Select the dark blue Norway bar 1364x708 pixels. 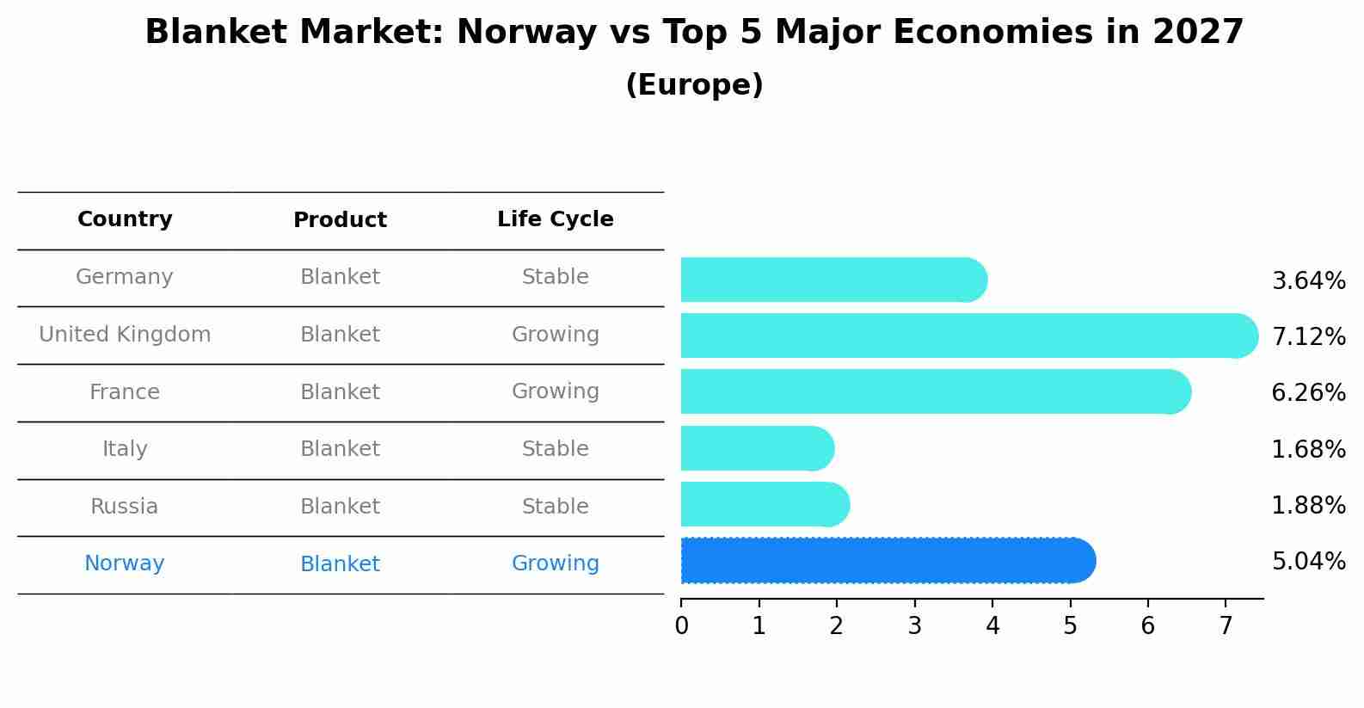pos(886,561)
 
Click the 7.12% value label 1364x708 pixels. pos(1308,336)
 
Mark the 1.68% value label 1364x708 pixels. pos(1308,449)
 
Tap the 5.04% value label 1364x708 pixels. pos(1308,562)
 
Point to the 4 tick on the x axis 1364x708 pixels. pos(992,626)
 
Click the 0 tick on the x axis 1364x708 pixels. pos(681,626)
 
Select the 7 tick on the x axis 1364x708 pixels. pos(1226,626)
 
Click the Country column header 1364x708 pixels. pos(125,219)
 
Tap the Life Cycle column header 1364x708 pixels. pos(555,219)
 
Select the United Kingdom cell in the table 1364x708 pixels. pos(125,335)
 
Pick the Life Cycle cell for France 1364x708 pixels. pos(555,391)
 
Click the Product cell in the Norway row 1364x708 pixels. pos(340,564)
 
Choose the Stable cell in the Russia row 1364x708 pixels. pos(555,507)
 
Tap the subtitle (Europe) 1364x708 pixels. pos(694,85)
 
